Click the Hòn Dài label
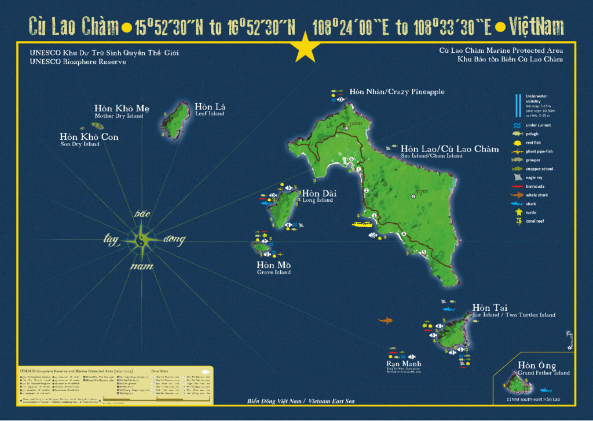click(319, 194)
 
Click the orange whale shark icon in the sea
click(385, 320)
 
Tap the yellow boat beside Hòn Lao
click(363, 223)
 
